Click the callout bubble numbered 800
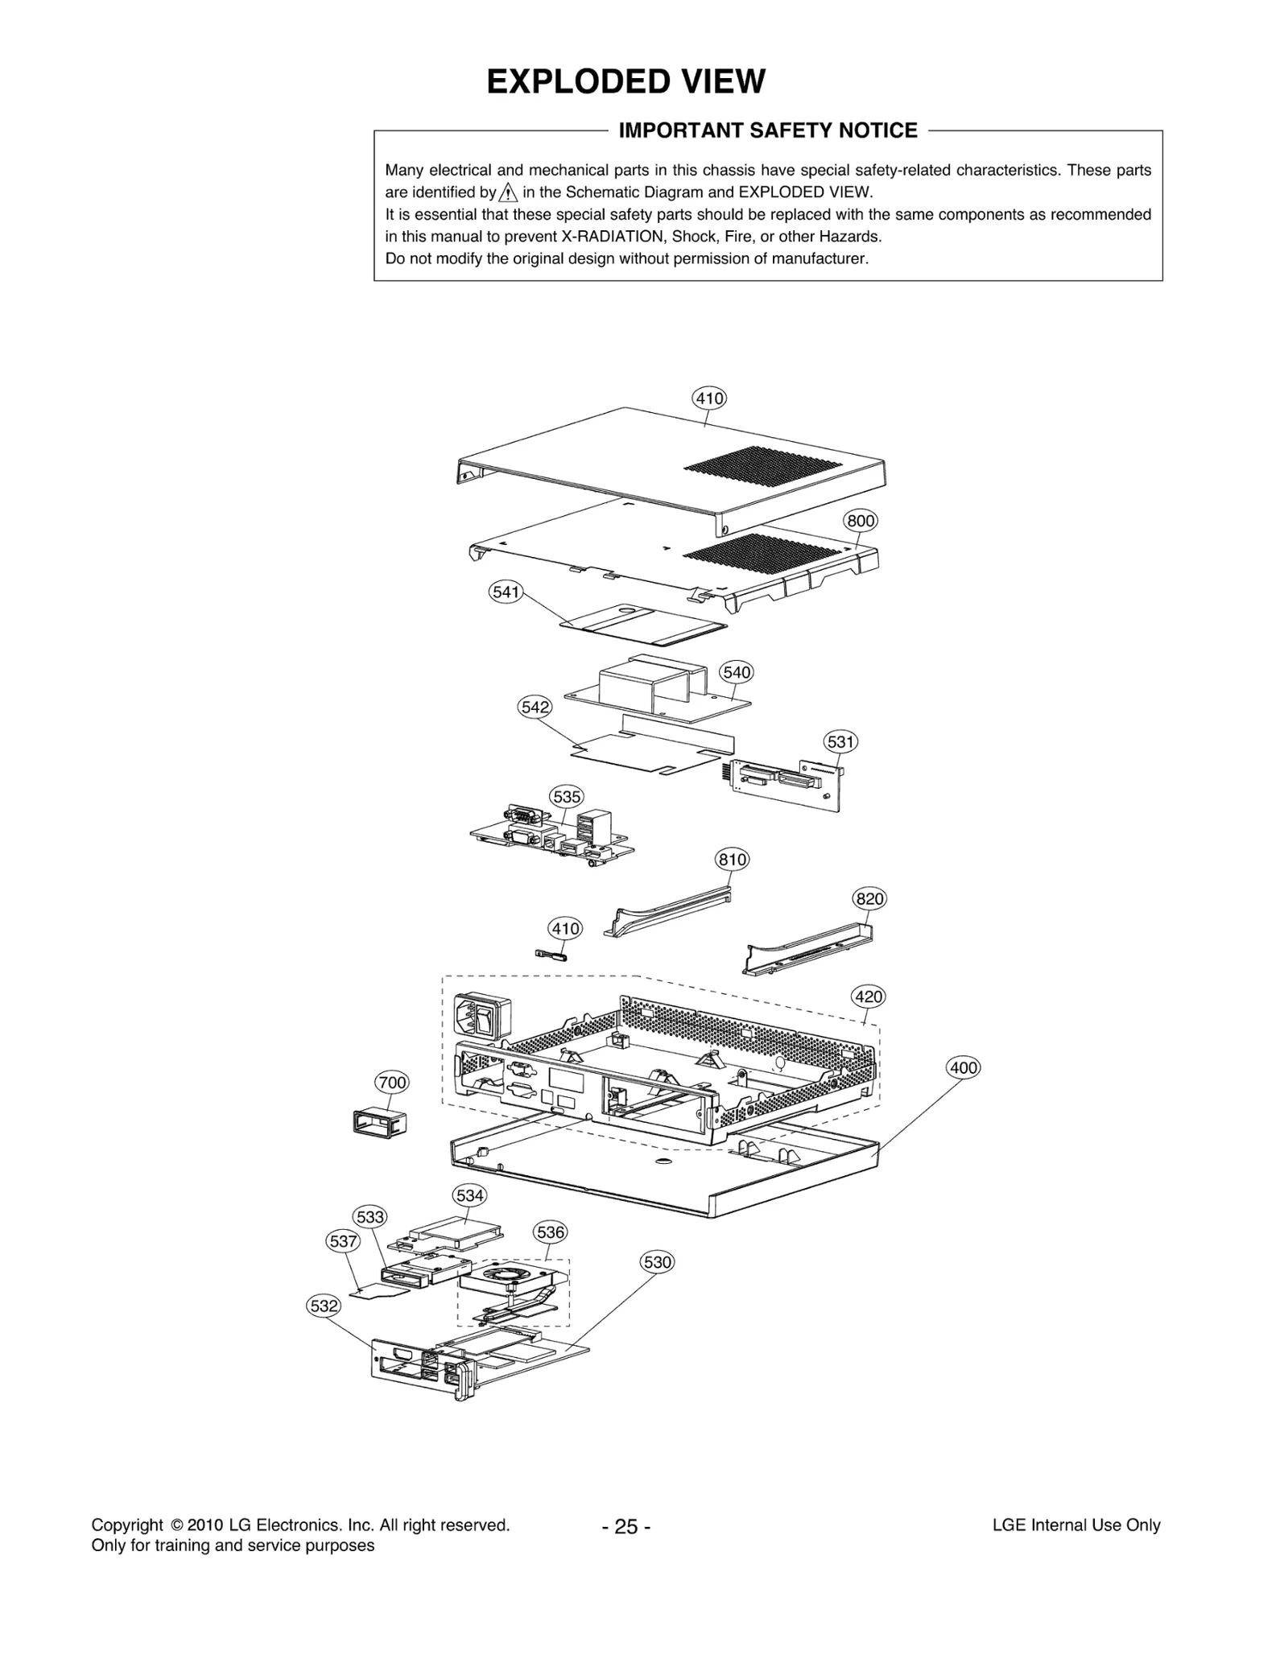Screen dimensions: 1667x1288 tap(860, 521)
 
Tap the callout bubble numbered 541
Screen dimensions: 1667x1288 tap(506, 592)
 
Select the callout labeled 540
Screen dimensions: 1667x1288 tap(737, 672)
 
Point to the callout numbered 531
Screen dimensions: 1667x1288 tap(840, 741)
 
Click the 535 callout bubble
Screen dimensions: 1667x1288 tap(566, 797)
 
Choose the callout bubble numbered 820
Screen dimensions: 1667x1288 tap(869, 898)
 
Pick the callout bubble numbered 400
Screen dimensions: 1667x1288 tap(963, 1068)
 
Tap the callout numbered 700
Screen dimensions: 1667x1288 tap(392, 1083)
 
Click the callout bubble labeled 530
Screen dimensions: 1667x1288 tap(657, 1262)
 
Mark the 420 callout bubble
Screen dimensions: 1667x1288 tap(869, 996)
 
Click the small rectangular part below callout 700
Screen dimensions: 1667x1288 tap(379, 1121)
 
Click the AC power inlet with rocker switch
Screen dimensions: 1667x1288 tap(484, 1017)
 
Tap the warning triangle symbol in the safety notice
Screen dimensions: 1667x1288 tap(508, 192)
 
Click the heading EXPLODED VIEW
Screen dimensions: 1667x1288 tap(625, 82)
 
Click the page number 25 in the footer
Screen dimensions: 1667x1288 tap(625, 1527)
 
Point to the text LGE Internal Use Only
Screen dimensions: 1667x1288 tap(1076, 1525)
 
